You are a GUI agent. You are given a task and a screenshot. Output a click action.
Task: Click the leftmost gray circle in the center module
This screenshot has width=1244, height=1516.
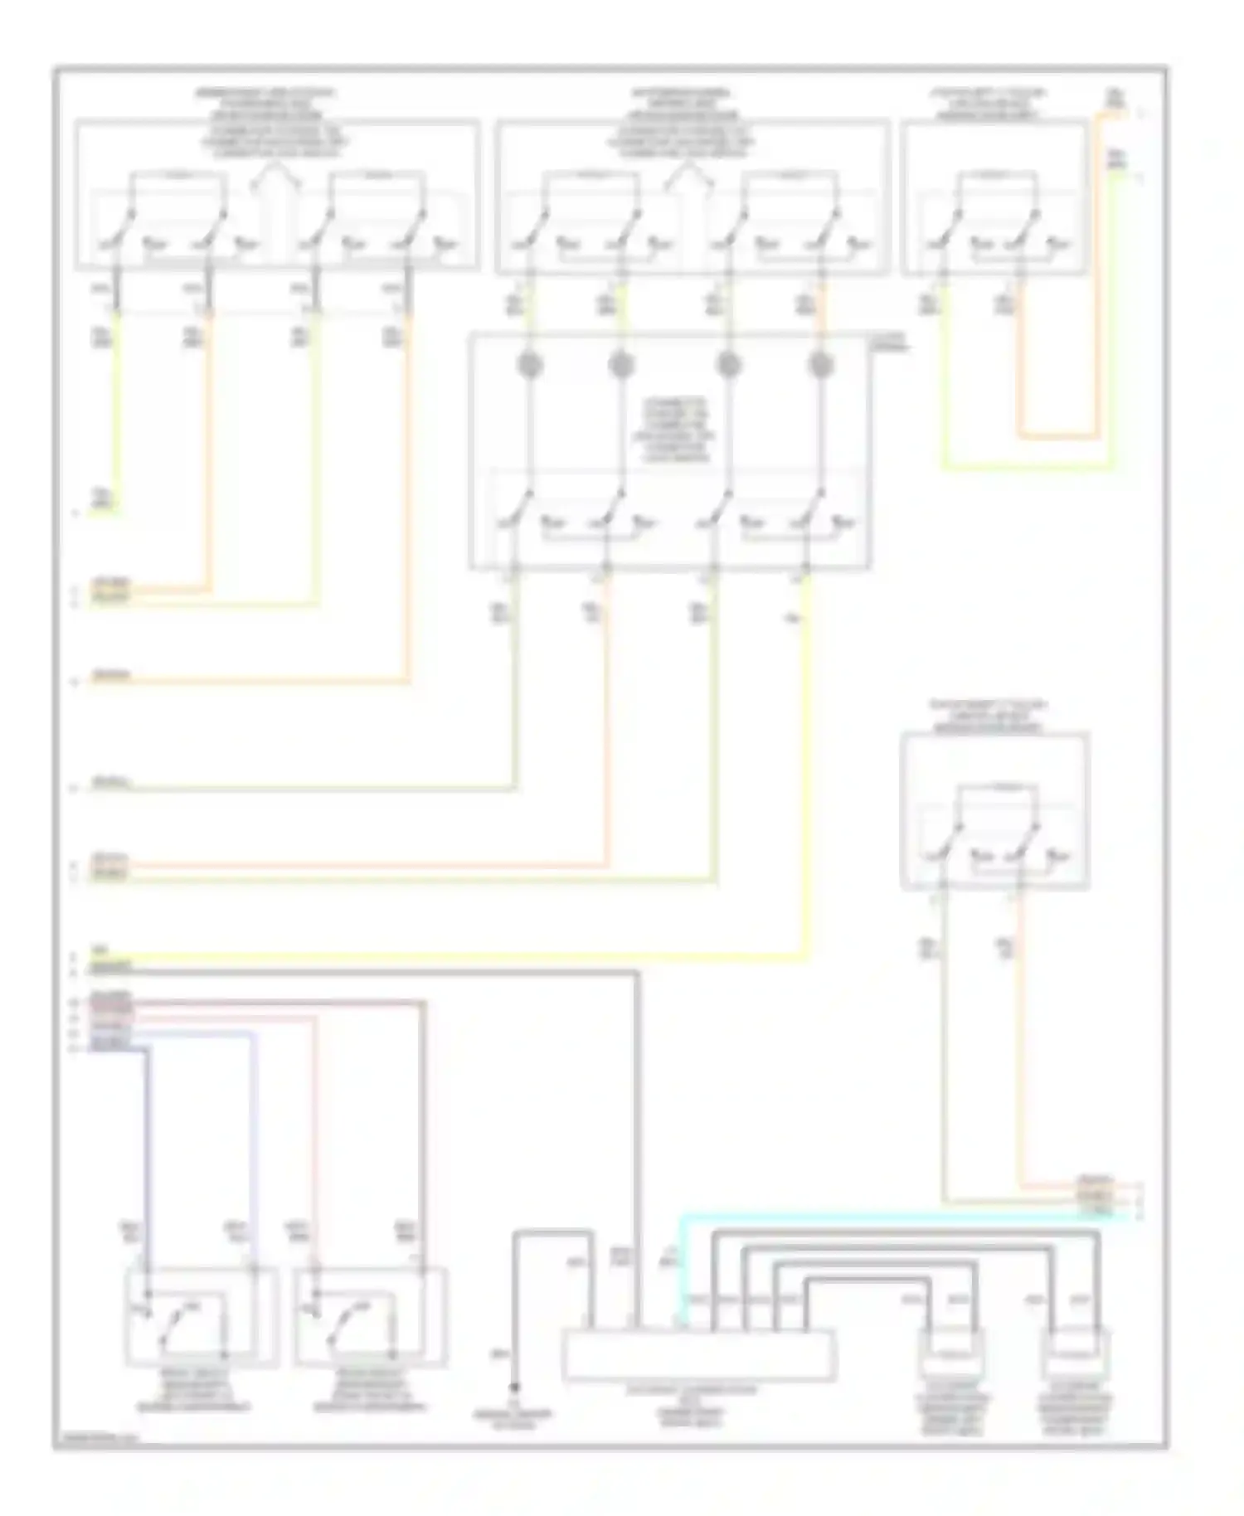pos(530,365)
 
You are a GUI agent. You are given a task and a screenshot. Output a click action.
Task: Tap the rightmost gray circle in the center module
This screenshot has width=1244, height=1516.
pos(820,365)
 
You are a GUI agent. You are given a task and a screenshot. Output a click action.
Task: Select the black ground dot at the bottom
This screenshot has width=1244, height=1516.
pos(514,1387)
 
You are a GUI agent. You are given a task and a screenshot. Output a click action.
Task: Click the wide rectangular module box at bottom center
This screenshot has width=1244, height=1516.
pos(699,1355)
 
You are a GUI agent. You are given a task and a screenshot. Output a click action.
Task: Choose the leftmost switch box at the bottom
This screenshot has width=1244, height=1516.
pos(201,1317)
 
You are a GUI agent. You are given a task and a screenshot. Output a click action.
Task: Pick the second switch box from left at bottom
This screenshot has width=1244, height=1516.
pos(371,1317)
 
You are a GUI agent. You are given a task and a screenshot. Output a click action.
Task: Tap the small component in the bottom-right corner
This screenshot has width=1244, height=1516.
pos(1076,1354)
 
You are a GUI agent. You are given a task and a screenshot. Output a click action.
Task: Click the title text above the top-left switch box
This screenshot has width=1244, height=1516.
pos(265,104)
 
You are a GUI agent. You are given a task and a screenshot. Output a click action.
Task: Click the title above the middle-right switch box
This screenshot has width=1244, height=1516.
pos(988,717)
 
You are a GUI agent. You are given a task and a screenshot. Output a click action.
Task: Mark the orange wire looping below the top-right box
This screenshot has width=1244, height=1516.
pos(1058,435)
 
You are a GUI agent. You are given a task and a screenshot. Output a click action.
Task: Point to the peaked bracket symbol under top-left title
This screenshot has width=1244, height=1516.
pos(274,172)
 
